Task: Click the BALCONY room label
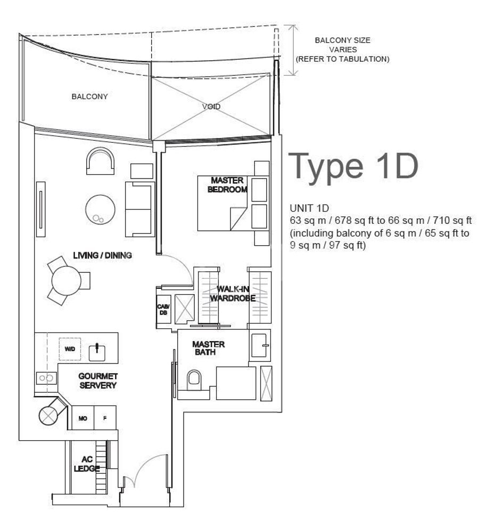click(90, 96)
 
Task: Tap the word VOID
click(211, 107)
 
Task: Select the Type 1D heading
click(353, 167)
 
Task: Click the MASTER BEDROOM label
click(227, 185)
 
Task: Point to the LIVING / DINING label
click(103, 255)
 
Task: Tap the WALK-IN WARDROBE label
click(233, 294)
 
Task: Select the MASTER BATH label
click(208, 348)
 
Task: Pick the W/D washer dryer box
click(70, 349)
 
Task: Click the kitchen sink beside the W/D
click(97, 353)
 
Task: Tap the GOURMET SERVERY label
click(98, 381)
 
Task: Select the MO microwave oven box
click(82, 418)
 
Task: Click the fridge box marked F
click(105, 418)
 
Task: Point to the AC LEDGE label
click(87, 464)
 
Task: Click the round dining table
click(67, 280)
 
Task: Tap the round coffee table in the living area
click(100, 209)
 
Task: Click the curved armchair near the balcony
click(100, 161)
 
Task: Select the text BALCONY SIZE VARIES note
click(343, 50)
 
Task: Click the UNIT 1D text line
click(309, 208)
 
